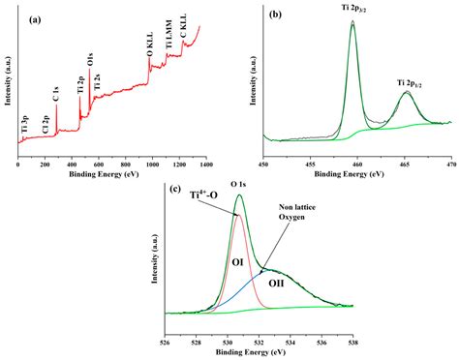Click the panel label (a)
(x=34, y=19)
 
